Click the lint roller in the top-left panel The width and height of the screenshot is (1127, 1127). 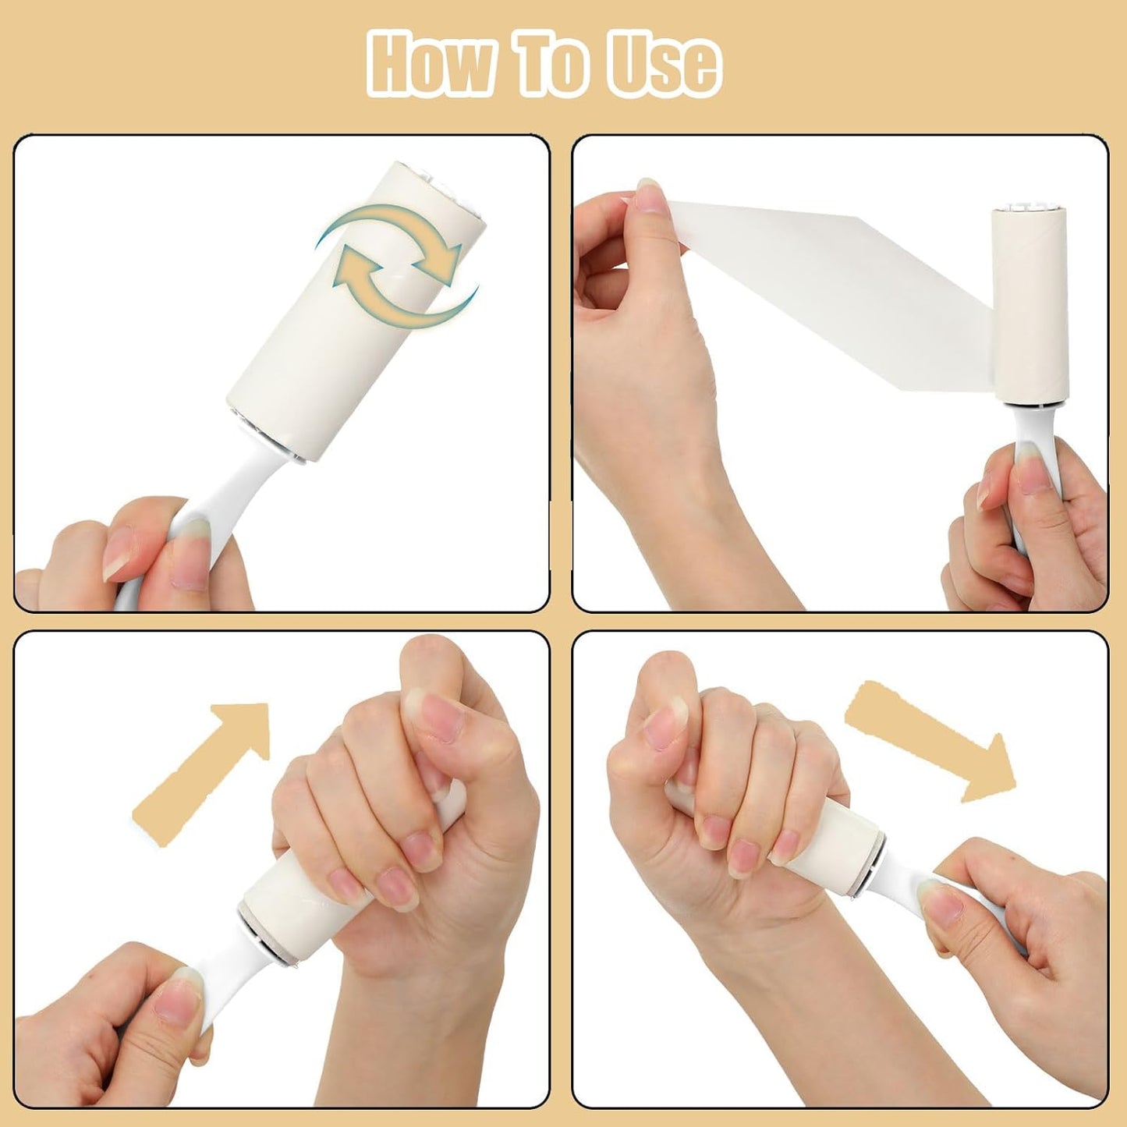355,312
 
